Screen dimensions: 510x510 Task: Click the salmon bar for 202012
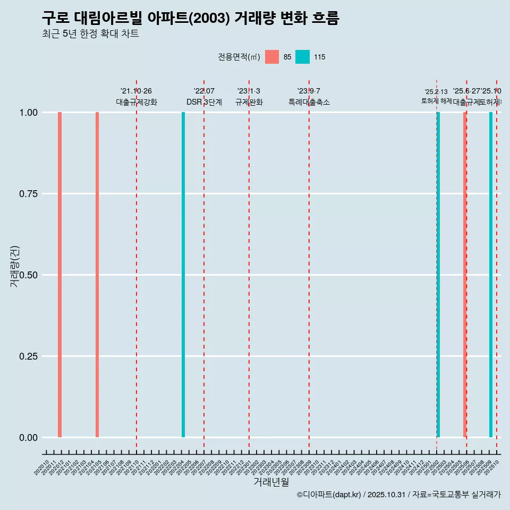click(x=60, y=275)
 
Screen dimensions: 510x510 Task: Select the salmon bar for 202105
click(x=97, y=275)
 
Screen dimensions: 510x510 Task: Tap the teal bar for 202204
click(x=183, y=275)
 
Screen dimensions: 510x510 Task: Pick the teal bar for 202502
click(x=438, y=275)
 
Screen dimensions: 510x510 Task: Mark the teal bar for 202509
click(x=491, y=275)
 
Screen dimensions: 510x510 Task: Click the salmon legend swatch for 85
click(x=272, y=57)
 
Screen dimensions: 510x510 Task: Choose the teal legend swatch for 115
click(x=302, y=57)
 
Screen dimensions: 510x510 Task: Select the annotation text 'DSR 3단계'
click(x=204, y=102)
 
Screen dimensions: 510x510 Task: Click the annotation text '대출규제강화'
click(x=137, y=102)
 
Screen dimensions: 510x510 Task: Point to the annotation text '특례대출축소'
click(x=309, y=102)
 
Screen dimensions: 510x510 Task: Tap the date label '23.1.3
click(x=249, y=91)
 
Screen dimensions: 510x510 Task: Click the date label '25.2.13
click(x=436, y=92)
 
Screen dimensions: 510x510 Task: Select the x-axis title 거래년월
click(x=271, y=482)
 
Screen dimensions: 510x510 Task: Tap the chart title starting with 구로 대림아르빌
click(x=190, y=18)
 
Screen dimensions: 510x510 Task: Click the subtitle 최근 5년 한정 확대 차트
click(x=90, y=34)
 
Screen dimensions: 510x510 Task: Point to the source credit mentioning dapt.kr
click(x=398, y=495)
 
